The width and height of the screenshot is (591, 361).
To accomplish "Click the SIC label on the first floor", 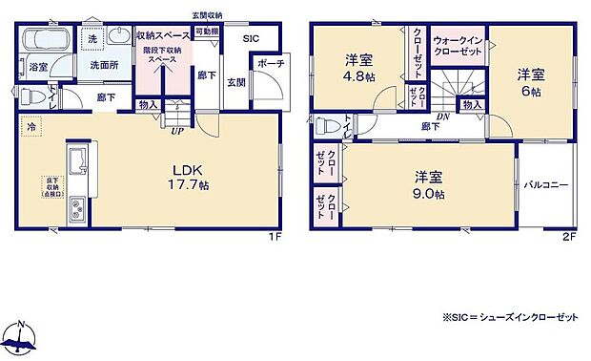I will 251,38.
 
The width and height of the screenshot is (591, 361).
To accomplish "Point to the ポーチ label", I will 266,65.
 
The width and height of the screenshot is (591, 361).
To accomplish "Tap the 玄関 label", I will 234,82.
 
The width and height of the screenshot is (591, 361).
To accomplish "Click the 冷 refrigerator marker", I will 31,126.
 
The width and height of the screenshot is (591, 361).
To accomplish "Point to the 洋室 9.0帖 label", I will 428,184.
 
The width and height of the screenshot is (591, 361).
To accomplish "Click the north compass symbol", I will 20,337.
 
